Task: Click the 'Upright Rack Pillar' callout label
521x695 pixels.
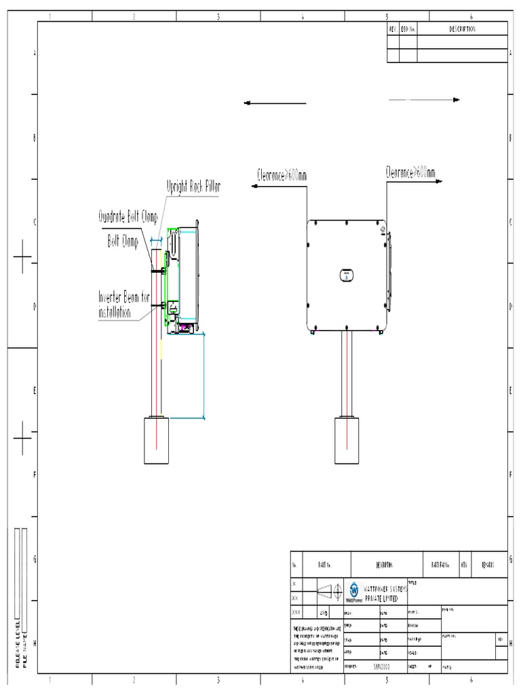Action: tap(193, 185)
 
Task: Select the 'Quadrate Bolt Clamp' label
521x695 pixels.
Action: tap(128, 217)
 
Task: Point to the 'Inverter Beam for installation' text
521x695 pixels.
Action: tap(123, 305)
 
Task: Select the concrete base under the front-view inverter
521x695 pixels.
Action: tap(346, 440)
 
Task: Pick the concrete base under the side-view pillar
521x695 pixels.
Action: tap(157, 442)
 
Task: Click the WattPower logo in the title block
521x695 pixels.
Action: tap(354, 590)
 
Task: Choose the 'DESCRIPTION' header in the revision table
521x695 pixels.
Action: tap(462, 29)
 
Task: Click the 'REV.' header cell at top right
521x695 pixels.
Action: tap(393, 29)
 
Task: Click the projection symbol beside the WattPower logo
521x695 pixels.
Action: tap(331, 590)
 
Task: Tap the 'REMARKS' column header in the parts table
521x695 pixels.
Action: tap(488, 564)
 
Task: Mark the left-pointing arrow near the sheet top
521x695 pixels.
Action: tap(275, 103)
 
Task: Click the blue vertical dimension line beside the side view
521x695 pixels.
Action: tap(204, 377)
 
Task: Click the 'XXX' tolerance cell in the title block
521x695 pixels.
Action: tap(296, 612)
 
